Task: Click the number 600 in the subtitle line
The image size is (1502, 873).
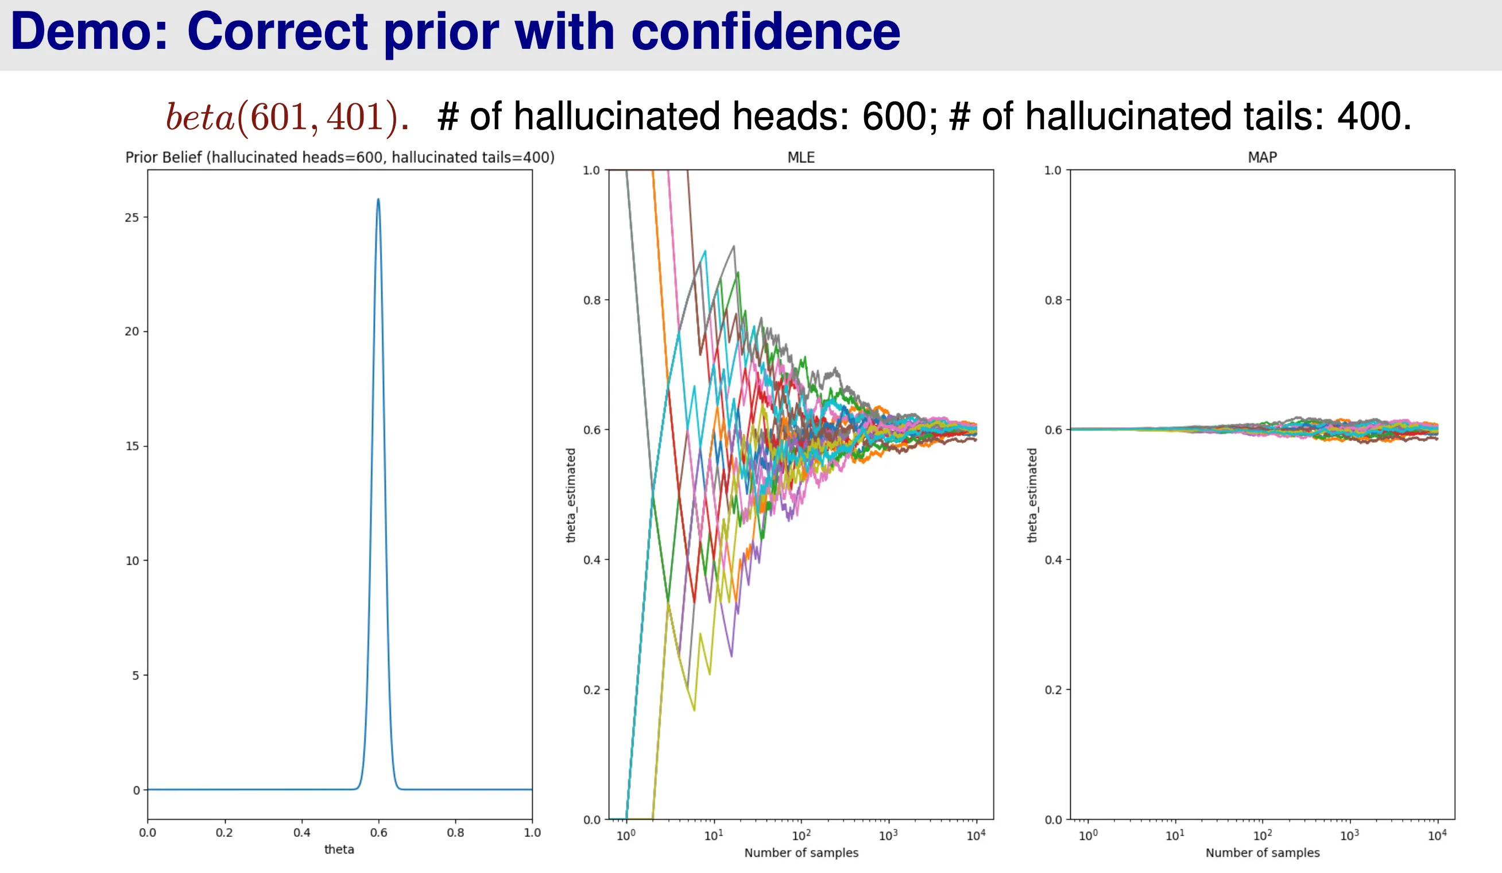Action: (894, 115)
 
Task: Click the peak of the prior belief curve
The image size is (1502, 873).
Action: (378, 200)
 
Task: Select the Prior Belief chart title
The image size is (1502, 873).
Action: (340, 157)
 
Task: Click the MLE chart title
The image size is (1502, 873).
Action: (800, 157)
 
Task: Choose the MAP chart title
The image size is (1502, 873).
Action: (1262, 157)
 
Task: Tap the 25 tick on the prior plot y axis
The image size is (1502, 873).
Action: (131, 218)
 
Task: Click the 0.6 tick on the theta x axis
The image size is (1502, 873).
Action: (378, 832)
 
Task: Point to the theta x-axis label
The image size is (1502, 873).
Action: (339, 849)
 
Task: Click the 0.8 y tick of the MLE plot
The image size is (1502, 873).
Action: (592, 300)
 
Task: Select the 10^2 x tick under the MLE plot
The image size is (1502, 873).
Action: (800, 836)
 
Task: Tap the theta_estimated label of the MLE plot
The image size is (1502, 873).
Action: (571, 495)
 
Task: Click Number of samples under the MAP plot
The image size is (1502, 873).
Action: (1263, 853)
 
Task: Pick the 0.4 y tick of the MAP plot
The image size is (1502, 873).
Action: (1053, 560)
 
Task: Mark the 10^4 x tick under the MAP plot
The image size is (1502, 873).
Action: (1437, 836)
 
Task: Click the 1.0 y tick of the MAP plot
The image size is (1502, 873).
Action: (1053, 171)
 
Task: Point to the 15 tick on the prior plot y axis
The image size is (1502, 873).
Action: (131, 446)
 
